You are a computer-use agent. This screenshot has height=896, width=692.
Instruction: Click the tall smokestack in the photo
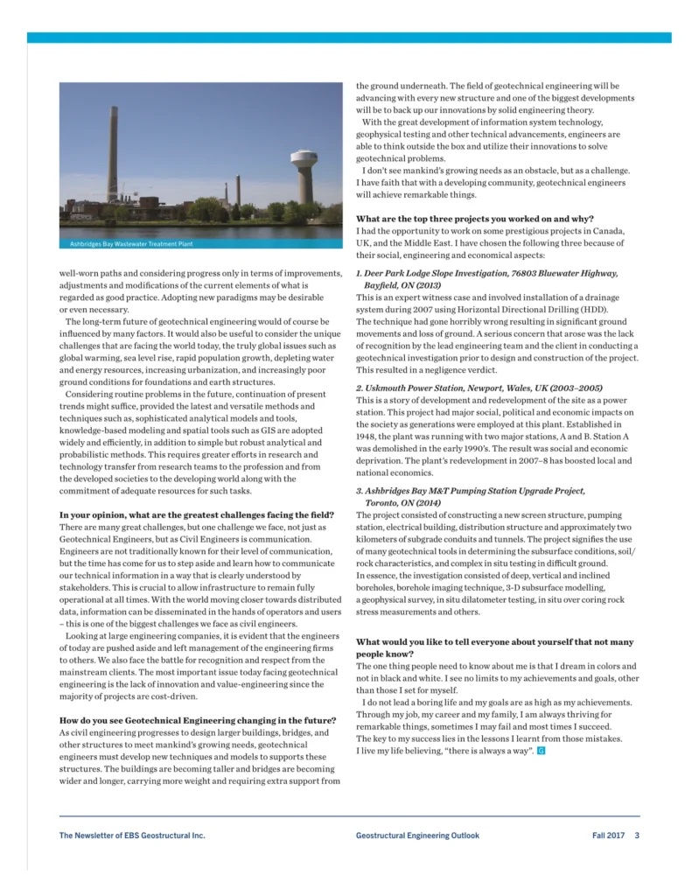113,158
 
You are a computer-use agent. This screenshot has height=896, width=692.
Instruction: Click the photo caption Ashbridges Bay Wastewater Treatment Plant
131,244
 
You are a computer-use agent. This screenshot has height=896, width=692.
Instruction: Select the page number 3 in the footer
637,836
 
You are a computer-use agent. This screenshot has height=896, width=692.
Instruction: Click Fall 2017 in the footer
608,836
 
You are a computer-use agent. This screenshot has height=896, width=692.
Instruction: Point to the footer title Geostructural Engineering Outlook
417,836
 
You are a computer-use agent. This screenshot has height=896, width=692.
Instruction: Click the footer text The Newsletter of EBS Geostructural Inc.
132,836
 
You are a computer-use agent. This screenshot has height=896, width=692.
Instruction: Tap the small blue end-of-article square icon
542,752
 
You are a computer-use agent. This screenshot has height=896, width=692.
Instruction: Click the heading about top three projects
475,219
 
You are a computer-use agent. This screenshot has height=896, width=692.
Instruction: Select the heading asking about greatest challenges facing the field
196,514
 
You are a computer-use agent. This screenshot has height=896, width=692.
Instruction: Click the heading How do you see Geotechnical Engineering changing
197,720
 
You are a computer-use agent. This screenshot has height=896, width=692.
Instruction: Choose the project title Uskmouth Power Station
479,388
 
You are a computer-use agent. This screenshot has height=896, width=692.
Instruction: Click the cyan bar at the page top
349,38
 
